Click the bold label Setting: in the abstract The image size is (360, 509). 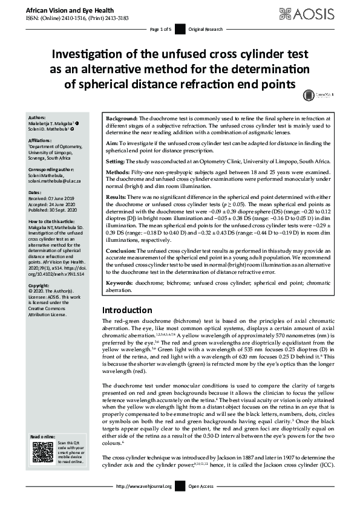pyautogui.click(x=116, y=163)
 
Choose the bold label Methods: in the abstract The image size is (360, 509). pyautogui.click(x=119, y=173)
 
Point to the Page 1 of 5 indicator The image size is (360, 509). pyautogui.click(x=160, y=29)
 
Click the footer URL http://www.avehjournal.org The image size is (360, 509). pyautogui.click(x=143, y=486)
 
